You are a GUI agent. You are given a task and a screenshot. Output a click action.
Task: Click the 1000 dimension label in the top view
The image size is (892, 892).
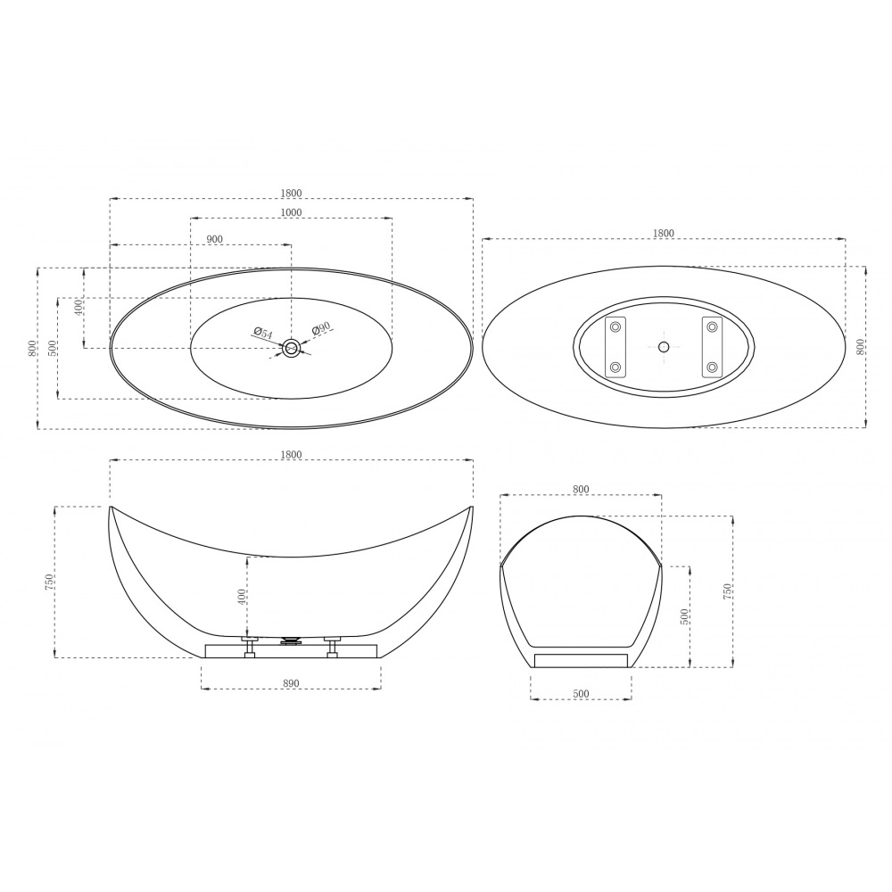click(291, 212)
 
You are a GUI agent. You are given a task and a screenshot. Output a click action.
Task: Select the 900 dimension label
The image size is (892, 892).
click(214, 239)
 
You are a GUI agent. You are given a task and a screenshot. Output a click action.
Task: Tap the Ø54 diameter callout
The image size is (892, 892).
click(263, 334)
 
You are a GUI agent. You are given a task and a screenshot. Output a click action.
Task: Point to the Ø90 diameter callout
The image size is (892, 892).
click(321, 328)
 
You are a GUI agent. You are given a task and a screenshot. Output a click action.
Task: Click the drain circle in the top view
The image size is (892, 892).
click(292, 348)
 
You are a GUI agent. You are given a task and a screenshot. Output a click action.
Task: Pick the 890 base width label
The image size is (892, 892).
click(291, 683)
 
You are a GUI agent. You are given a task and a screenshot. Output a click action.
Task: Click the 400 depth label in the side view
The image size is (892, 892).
click(242, 597)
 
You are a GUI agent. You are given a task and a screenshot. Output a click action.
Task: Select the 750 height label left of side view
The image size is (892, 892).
click(49, 582)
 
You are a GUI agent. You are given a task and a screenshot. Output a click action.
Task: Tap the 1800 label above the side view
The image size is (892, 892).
click(291, 455)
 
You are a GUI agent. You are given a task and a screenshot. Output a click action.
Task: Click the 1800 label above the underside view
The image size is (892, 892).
click(664, 233)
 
